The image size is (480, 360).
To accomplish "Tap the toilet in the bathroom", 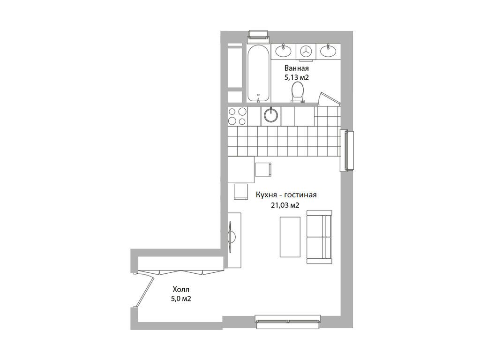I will tap(297, 91).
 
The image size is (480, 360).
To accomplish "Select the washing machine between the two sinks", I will tap(306, 52).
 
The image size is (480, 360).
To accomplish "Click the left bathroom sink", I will tap(284, 51).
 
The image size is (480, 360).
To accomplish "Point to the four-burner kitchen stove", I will tap(237, 116).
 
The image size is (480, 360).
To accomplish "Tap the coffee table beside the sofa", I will tap(290, 236).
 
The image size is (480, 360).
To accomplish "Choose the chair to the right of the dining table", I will tap(263, 168).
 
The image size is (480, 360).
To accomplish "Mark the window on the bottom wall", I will tap(289, 320).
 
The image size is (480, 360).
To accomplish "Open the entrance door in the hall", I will tap(144, 291).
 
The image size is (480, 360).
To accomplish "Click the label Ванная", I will tap(297, 68).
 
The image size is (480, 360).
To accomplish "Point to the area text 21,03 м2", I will tap(285, 204).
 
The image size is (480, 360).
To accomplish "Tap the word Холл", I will tap(182, 289).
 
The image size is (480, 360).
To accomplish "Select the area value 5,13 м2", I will tap(297, 77).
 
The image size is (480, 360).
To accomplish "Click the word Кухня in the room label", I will tap(266, 195).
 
